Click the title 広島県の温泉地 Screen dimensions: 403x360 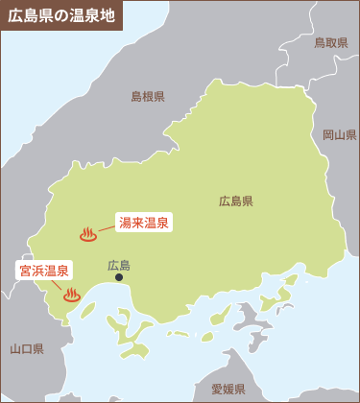tap(59, 15)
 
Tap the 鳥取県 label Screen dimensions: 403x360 tap(330, 43)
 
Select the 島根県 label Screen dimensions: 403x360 tap(148, 96)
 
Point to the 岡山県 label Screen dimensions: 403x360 tap(339, 134)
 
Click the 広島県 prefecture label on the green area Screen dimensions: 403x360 tap(235, 201)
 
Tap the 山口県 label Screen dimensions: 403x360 tap(27, 348)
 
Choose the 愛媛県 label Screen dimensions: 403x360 tap(228, 389)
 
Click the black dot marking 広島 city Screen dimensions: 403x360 tap(119, 278)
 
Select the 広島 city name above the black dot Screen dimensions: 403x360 tap(119, 265)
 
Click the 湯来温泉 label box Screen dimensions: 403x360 tap(144, 223)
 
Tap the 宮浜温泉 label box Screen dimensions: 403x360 tap(44, 271)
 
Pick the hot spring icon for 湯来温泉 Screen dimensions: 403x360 tap(87, 234)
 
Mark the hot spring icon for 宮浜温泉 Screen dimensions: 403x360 tap(71, 296)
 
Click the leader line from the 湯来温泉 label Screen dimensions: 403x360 tap(107, 228)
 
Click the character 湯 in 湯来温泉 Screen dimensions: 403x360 tap(125, 223)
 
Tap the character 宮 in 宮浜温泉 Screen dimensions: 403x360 tap(25, 271)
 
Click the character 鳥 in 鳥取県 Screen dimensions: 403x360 tap(320, 43)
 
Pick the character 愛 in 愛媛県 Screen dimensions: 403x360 tap(217, 389)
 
